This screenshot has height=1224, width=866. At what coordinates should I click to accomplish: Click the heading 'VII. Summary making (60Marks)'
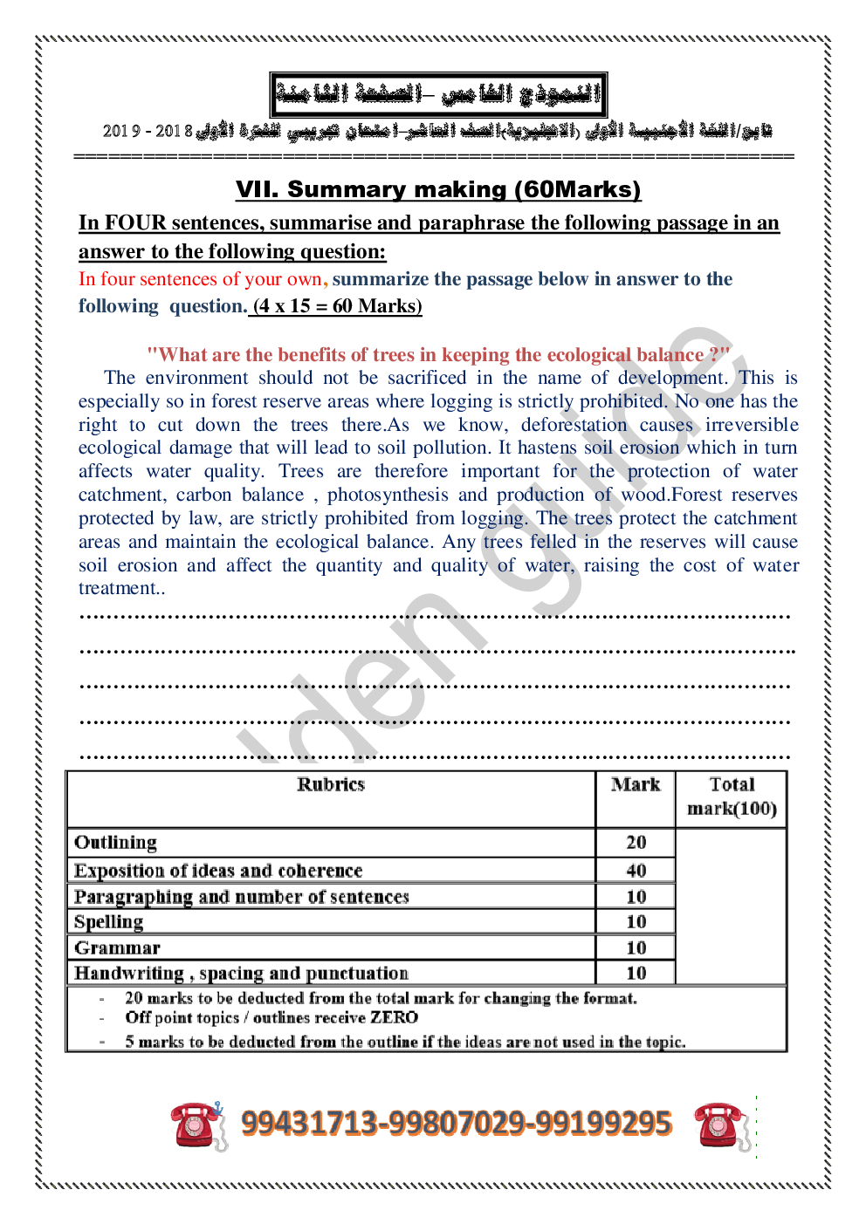437,189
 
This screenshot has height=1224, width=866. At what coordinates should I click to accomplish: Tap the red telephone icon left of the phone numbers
197,1125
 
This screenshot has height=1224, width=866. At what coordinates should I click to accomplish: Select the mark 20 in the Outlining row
636,842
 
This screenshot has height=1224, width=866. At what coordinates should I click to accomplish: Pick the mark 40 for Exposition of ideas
636,870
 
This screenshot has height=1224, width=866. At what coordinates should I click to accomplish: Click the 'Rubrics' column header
330,784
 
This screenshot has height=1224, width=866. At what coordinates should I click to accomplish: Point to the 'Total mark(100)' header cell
732,797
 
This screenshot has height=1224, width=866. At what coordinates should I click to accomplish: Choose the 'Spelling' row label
108,921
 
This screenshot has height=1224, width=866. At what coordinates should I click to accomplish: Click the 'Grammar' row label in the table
117,947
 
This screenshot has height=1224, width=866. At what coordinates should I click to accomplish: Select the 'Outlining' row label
115,842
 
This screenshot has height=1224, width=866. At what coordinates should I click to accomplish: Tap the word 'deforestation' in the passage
574,425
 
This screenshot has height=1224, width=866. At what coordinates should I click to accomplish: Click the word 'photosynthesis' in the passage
388,495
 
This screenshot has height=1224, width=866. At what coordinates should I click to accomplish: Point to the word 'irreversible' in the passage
752,425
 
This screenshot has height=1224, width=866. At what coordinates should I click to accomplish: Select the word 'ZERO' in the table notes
394,1017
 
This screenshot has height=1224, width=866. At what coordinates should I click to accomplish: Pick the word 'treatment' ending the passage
118,588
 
